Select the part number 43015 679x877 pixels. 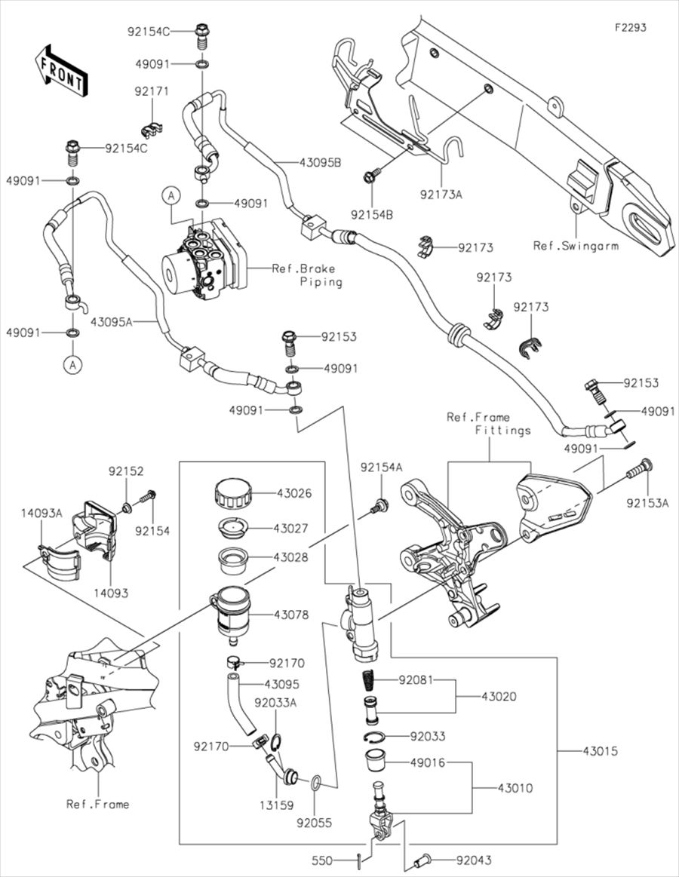[x=601, y=751]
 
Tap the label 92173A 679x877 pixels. [x=442, y=194]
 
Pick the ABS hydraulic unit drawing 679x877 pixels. [x=201, y=258]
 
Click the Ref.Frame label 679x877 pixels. [x=97, y=804]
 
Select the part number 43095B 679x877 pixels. [x=320, y=162]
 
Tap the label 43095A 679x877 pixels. [x=112, y=322]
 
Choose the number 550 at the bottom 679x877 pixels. [x=321, y=860]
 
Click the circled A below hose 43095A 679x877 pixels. [x=72, y=365]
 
